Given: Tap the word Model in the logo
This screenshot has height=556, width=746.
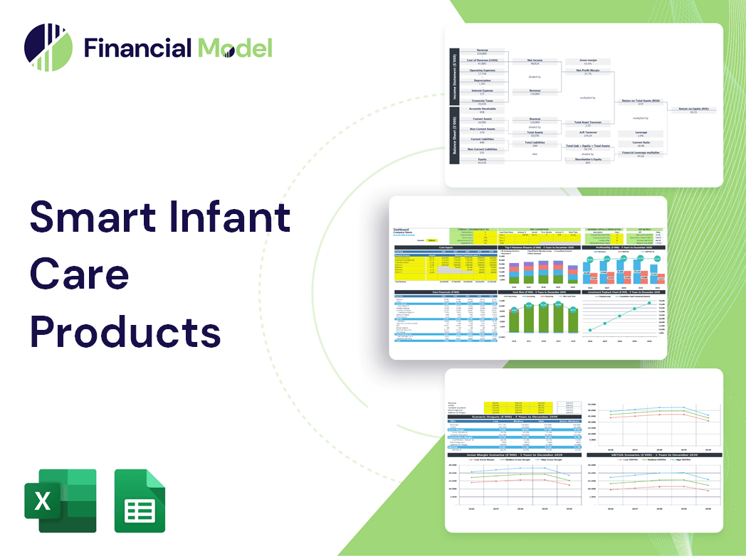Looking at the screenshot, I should (236, 48).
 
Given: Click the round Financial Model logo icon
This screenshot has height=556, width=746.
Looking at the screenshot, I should (48, 48).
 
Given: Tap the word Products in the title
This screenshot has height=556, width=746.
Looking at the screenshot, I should (125, 331).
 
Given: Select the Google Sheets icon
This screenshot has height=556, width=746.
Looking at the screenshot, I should (140, 501).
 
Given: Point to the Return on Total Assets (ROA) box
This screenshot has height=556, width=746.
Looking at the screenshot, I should (641, 102).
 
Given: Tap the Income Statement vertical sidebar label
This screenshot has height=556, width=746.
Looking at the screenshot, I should (453, 76).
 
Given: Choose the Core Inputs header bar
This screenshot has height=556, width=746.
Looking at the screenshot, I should (446, 247).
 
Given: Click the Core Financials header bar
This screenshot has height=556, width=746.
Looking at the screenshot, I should (446, 292).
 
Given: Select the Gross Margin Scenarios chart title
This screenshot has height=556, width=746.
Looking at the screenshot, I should (513, 454).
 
